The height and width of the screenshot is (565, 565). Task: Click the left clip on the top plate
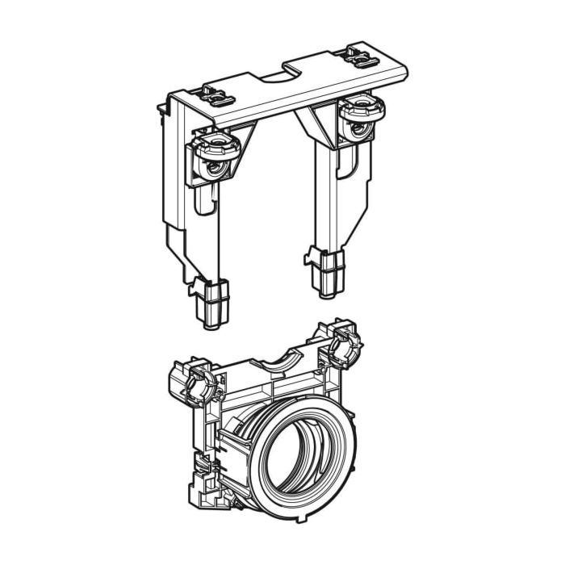[217, 94]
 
